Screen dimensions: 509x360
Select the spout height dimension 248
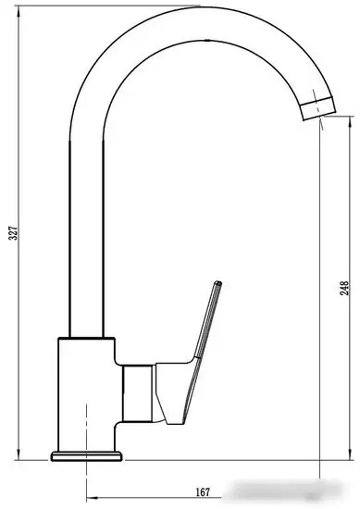point(343,288)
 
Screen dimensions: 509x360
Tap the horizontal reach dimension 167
point(203,491)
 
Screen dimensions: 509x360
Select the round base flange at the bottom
point(88,454)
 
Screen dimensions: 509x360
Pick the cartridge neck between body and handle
point(139,389)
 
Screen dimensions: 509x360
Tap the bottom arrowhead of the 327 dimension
point(20,456)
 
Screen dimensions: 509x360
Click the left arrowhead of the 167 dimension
point(92,499)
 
